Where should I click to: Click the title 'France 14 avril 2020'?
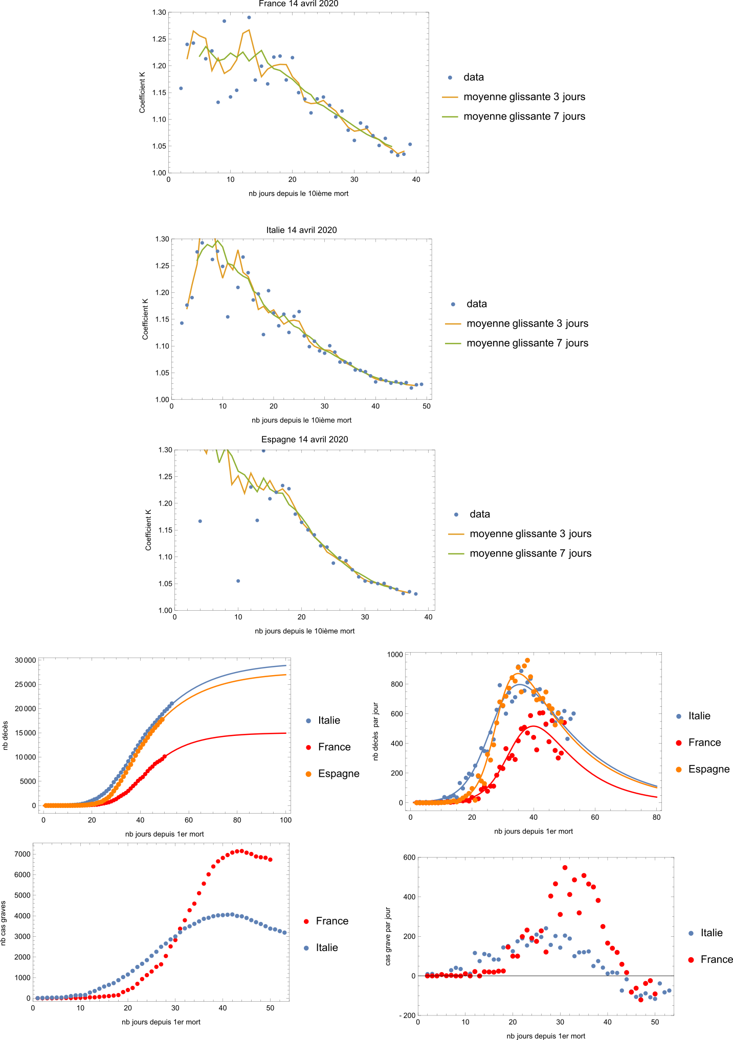tap(298, 4)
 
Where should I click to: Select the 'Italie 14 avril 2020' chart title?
tap(301, 230)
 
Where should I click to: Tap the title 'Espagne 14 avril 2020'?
tap(304, 440)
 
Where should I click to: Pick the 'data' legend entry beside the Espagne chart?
tap(479, 514)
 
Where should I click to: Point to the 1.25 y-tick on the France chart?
tap(159, 39)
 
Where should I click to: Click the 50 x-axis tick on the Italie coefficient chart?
tap(427, 406)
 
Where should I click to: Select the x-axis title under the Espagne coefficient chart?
tap(304, 631)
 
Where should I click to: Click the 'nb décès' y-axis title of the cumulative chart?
tap(6, 735)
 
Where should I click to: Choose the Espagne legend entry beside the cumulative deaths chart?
tap(338, 774)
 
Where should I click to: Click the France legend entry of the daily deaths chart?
tap(704, 743)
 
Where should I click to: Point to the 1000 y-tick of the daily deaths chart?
tap(395, 655)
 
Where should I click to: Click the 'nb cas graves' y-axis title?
tap(4, 923)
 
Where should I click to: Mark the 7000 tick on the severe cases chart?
tap(22, 854)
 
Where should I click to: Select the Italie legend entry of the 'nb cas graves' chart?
tap(326, 948)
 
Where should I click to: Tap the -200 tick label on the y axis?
tap(407, 1015)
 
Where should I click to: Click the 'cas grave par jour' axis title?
tap(388, 936)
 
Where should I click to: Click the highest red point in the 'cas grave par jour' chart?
tap(565, 867)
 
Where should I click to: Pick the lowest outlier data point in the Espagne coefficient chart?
tap(238, 581)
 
